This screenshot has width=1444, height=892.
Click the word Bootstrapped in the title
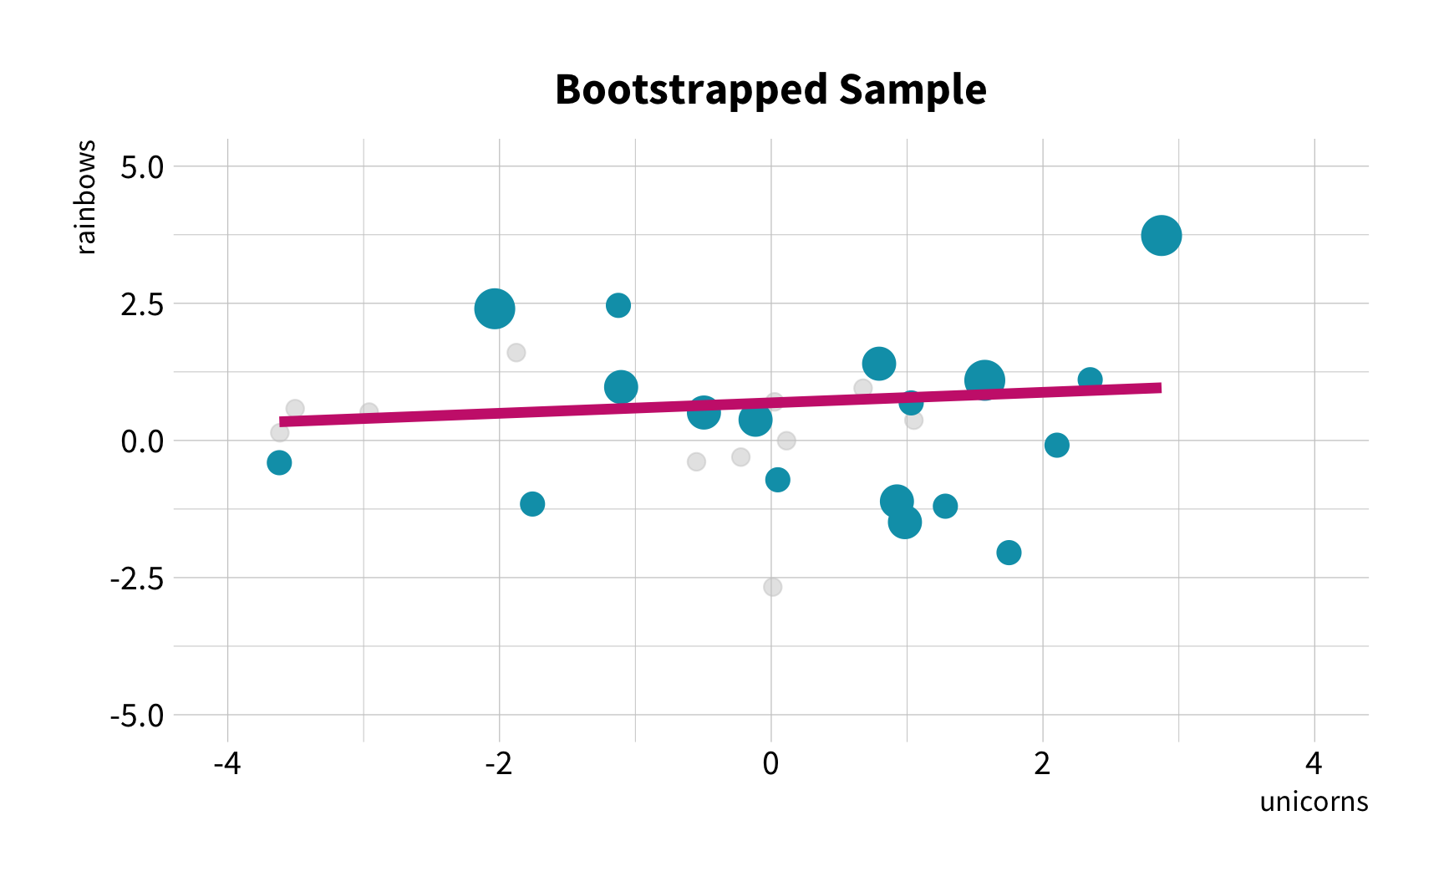(691, 90)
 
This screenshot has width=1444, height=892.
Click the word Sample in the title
(913, 90)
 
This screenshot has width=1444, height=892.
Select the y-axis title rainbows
(86, 197)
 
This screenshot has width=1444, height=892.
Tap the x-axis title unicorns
(1314, 801)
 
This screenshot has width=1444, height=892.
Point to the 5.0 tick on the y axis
(143, 166)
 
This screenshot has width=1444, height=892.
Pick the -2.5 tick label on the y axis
(138, 578)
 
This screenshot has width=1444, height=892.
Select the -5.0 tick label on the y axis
(138, 715)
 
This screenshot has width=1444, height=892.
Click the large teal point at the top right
(1161, 236)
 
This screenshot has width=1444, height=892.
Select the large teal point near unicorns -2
(495, 308)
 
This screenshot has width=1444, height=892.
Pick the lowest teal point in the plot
(1009, 553)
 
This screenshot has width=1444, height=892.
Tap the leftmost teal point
(279, 462)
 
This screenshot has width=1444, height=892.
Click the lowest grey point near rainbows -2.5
(772, 587)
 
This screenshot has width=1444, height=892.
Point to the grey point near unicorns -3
(369, 412)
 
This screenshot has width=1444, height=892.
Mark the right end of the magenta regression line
(1161, 387)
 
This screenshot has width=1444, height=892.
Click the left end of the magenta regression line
(280, 422)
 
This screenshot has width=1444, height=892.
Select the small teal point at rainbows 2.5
(618, 305)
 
